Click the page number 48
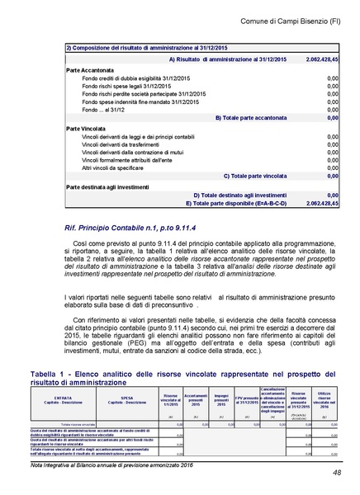point(338,472)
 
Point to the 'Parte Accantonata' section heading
point(91,71)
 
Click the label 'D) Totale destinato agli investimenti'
point(240,195)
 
